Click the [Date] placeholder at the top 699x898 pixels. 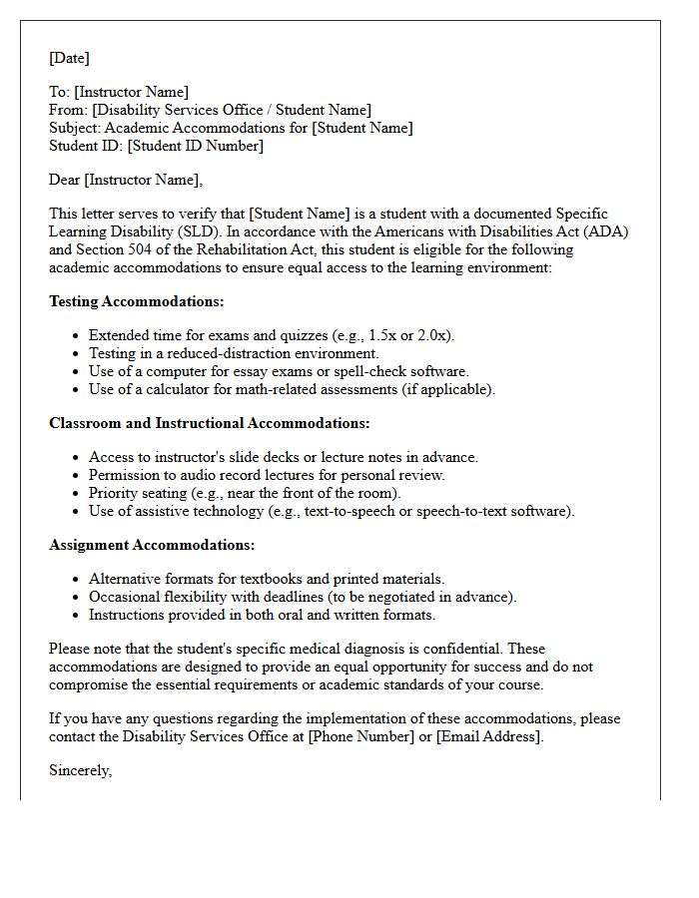(x=69, y=59)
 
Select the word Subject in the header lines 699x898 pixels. (x=75, y=128)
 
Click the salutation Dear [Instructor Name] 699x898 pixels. (x=125, y=180)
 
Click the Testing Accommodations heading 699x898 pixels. (x=137, y=301)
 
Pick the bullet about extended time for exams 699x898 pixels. (x=272, y=335)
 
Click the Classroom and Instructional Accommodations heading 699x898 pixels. (x=210, y=423)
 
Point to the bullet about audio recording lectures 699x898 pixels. (x=267, y=475)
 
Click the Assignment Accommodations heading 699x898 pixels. (x=152, y=545)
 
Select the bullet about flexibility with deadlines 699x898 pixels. (x=303, y=597)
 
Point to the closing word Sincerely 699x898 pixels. (x=80, y=770)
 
